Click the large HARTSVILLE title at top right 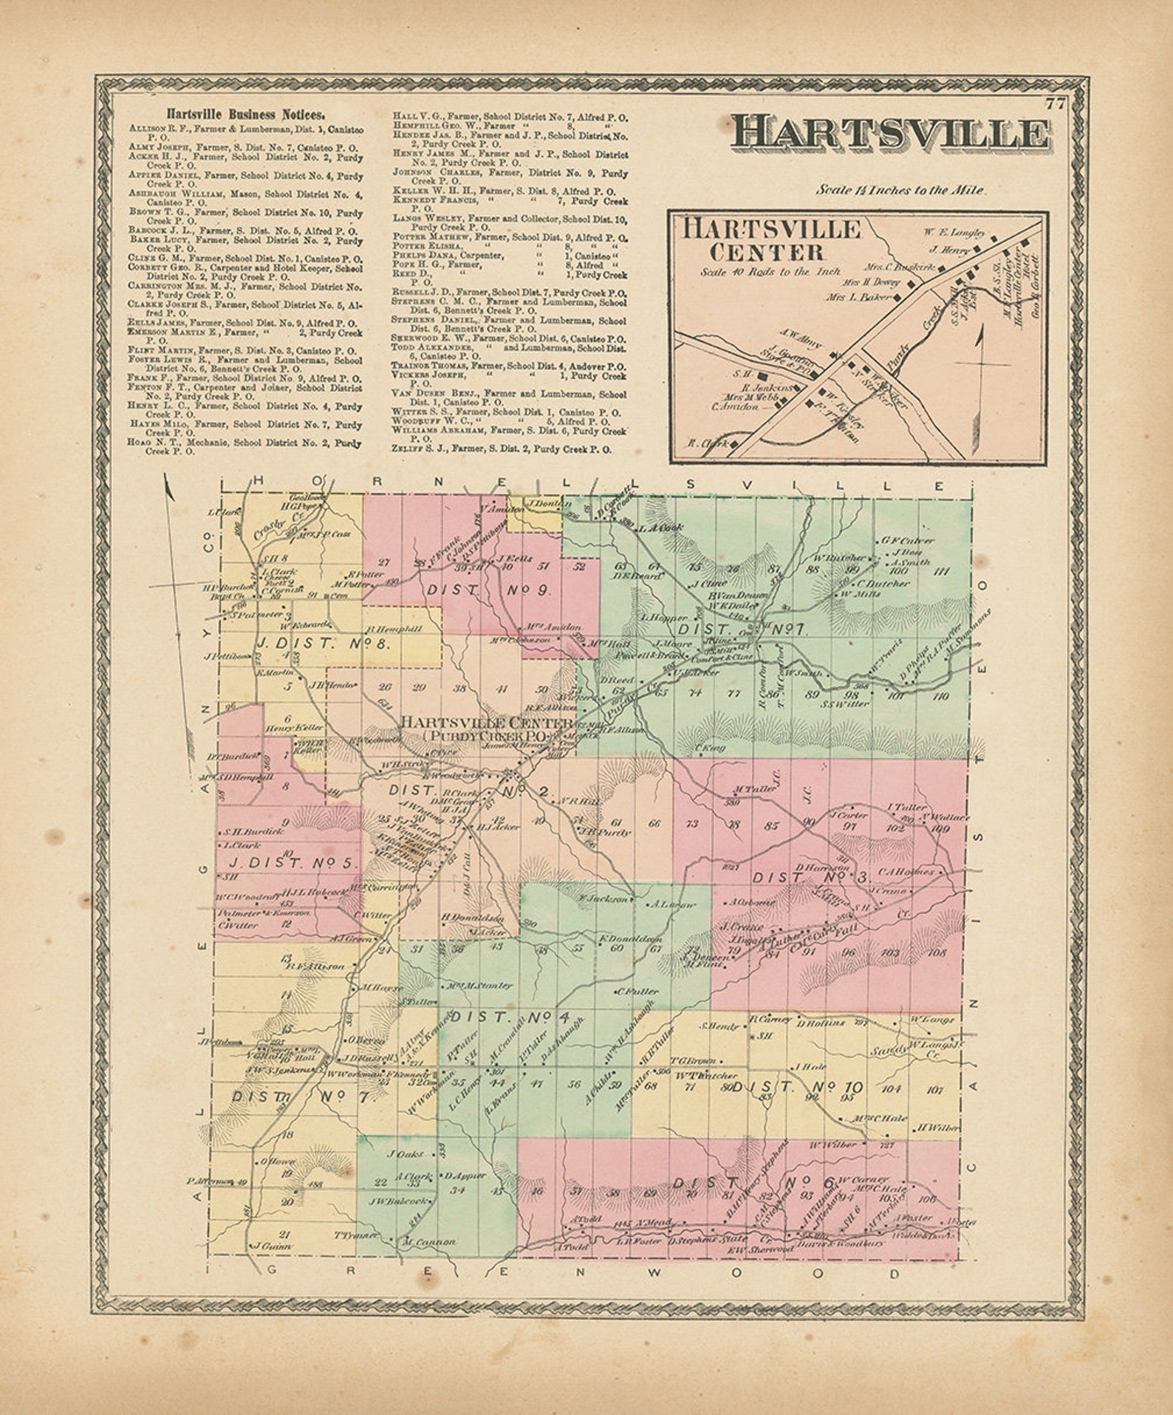890,134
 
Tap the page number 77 1056,103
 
